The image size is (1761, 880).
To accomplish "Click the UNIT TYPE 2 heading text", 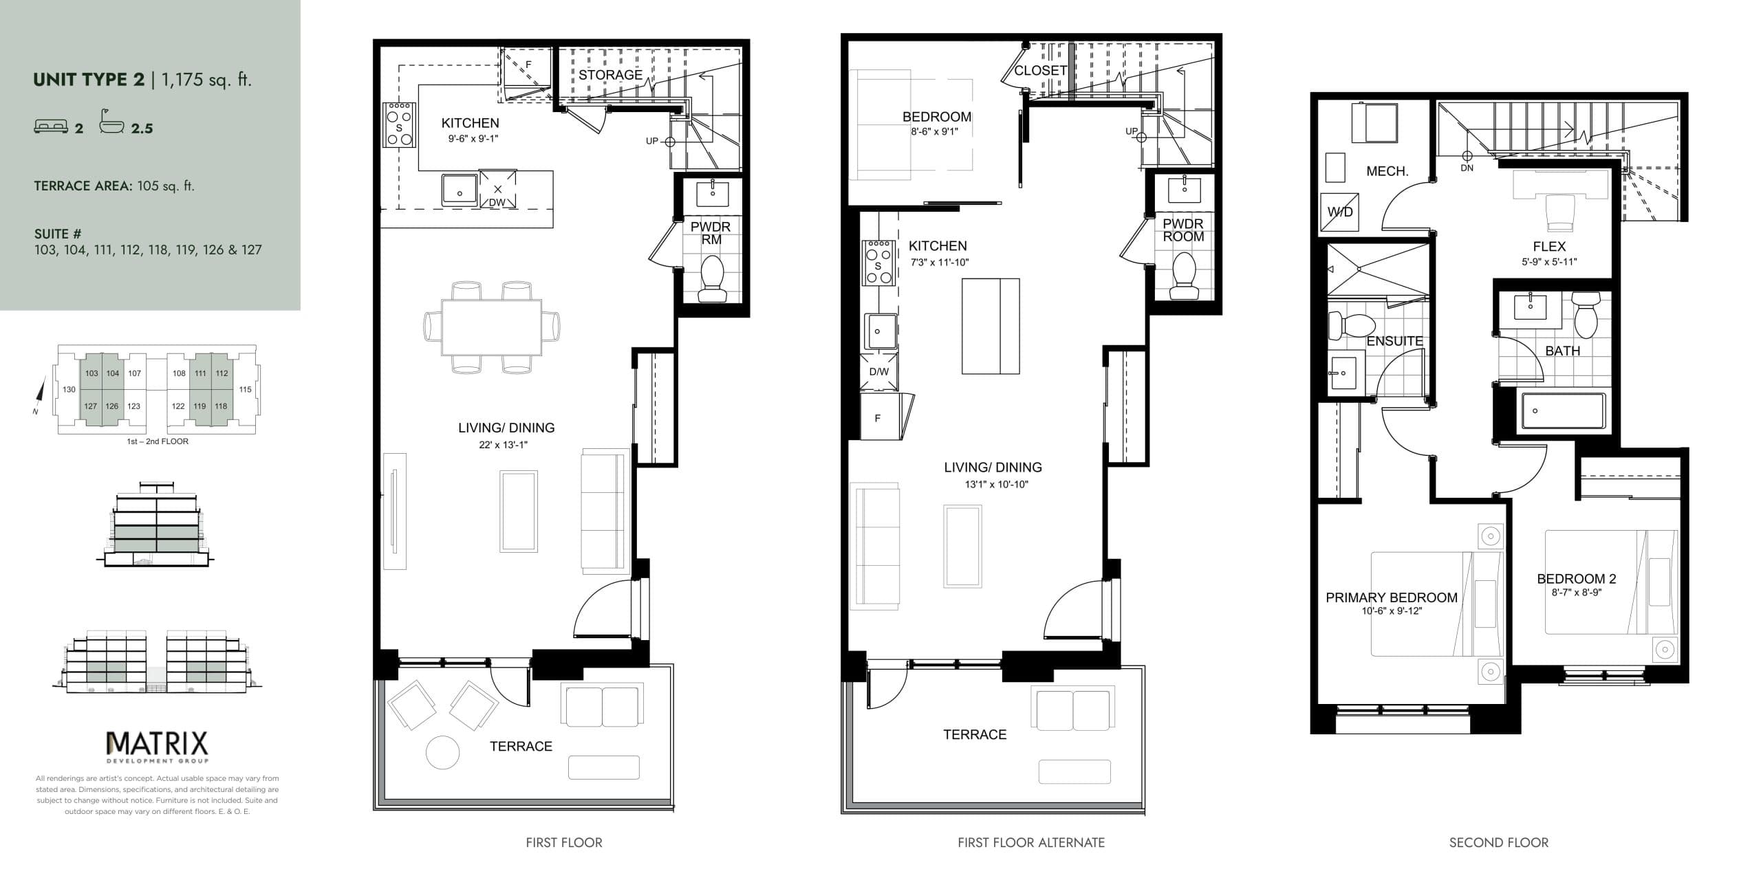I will click(x=89, y=80).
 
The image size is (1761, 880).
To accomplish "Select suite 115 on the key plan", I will click(x=245, y=390).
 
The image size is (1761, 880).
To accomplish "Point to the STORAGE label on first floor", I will click(x=610, y=75).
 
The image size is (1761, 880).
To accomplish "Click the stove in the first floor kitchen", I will click(x=399, y=125).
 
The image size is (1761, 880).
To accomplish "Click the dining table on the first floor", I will click(x=491, y=327).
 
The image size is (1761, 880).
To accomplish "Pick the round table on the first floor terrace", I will click(x=443, y=753).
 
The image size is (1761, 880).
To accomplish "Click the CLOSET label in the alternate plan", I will click(x=1040, y=71).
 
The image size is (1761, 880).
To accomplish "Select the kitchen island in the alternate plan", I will click(x=991, y=326).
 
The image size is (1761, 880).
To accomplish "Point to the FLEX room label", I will click(x=1549, y=246).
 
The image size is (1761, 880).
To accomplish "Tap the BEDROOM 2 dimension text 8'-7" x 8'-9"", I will click(x=1577, y=593).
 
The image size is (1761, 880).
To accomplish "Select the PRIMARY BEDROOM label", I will click(x=1392, y=597).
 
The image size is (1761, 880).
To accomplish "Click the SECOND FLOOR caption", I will click(x=1498, y=843).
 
